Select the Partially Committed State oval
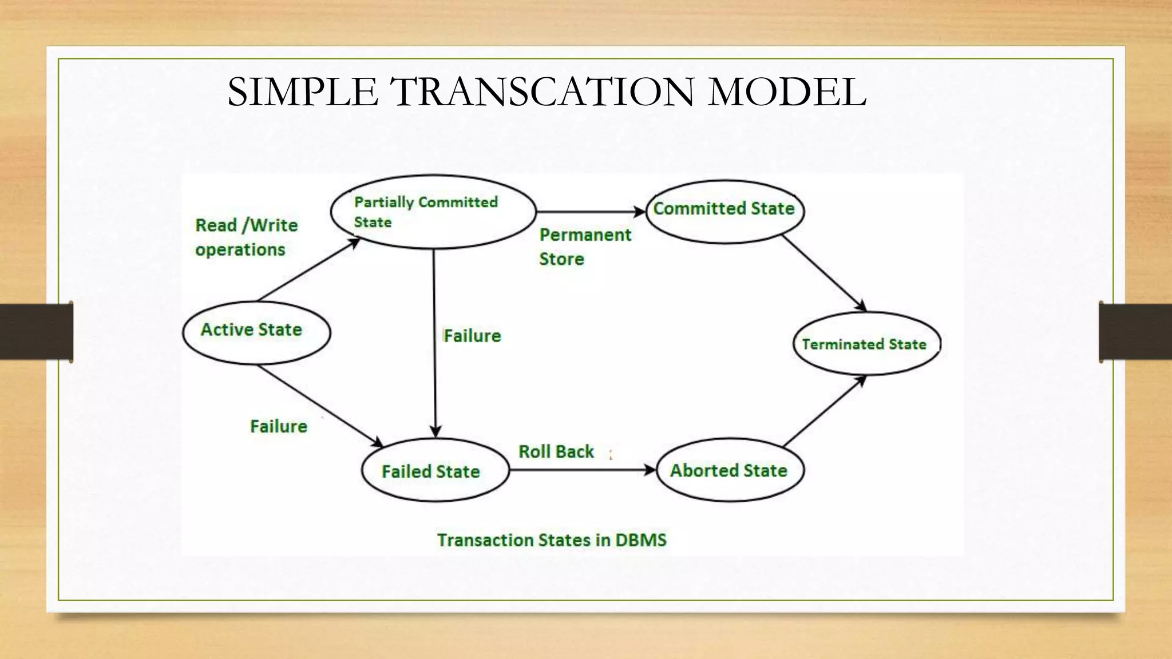(x=433, y=212)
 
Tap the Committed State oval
(x=724, y=211)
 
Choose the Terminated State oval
(x=866, y=344)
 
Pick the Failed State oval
(x=435, y=470)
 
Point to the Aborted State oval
(x=730, y=470)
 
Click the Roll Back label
(x=556, y=451)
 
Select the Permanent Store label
(x=585, y=247)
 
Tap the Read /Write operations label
(x=246, y=237)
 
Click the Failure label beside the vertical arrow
(x=472, y=336)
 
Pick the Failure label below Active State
(x=279, y=426)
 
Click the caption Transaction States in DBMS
(x=552, y=540)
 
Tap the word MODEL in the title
(x=786, y=92)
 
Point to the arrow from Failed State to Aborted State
(x=581, y=470)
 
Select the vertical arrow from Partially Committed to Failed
(x=434, y=343)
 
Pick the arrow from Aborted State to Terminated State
(x=824, y=411)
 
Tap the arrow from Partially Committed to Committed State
(x=589, y=212)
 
